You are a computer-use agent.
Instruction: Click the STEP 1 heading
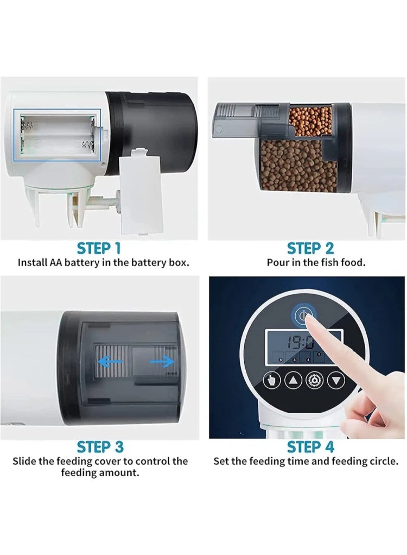(x=99, y=249)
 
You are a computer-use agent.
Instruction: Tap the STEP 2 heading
(x=310, y=249)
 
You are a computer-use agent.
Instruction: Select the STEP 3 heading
(x=100, y=447)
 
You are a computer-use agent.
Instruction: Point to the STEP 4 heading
(x=310, y=447)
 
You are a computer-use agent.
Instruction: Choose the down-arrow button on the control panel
(x=336, y=381)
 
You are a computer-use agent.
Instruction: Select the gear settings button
(x=314, y=381)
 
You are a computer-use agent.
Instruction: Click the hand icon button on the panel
(x=271, y=381)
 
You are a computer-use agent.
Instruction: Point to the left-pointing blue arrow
(x=110, y=362)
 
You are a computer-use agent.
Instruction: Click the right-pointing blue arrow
(x=162, y=362)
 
